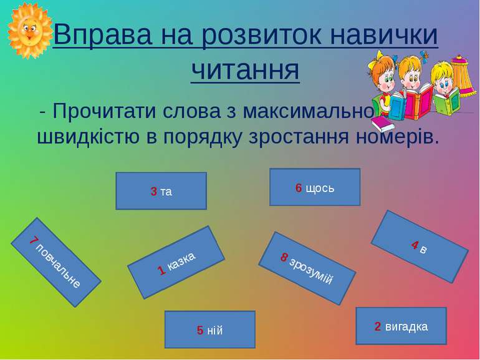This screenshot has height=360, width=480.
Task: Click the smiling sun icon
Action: tap(30, 30)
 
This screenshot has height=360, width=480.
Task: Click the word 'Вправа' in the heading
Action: tap(103, 34)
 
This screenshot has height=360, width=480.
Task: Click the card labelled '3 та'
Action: tap(161, 191)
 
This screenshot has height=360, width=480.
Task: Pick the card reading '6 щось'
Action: tap(315, 187)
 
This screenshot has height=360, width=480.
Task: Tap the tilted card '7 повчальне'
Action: tap(56, 262)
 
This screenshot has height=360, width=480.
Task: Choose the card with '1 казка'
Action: tap(176, 263)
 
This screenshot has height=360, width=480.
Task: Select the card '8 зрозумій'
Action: tap(307, 268)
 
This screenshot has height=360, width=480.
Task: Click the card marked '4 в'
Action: tap(420, 246)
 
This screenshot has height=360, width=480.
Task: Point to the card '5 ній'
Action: tap(210, 329)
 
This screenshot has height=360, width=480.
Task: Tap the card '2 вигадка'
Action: tap(401, 326)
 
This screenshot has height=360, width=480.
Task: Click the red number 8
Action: tap(284, 257)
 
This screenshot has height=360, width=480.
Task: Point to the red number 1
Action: tap(161, 270)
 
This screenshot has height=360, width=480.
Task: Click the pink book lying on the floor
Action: tap(383, 124)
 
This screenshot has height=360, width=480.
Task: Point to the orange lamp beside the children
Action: tap(463, 77)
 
